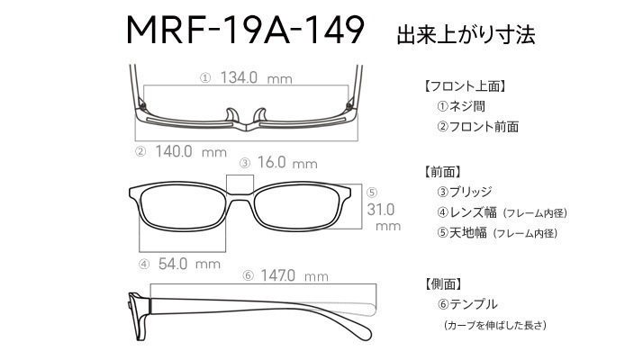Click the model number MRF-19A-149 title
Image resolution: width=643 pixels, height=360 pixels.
tap(245, 30)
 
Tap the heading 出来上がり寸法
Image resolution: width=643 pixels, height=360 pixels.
tap(466, 34)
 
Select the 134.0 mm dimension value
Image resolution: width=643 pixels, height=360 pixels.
tap(257, 77)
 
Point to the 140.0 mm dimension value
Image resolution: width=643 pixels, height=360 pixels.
tap(191, 151)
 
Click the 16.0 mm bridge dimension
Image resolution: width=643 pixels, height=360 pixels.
tap(287, 162)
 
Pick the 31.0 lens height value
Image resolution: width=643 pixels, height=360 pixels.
tap(381, 210)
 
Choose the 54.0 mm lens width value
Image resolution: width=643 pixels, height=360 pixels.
tap(189, 264)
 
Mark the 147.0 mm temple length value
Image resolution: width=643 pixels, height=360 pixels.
tap(294, 275)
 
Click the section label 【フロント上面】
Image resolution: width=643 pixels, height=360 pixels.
tap(466, 86)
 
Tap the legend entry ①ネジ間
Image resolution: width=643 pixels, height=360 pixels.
tap(461, 106)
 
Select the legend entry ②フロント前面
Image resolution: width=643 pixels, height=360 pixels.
tap(478, 126)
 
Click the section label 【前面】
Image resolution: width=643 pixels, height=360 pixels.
tap(443, 172)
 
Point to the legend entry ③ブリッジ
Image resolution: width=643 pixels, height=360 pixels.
tap(465, 192)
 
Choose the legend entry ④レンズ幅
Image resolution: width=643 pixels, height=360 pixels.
tap(466, 212)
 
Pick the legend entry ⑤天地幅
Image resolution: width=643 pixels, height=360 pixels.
tap(462, 232)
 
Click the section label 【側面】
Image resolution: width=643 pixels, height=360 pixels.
tap(443, 283)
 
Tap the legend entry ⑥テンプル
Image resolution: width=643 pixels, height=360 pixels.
tap(467, 304)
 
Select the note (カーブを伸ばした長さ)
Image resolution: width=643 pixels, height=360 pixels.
tap(495, 325)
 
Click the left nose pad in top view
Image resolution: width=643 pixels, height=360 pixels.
tap(232, 115)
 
